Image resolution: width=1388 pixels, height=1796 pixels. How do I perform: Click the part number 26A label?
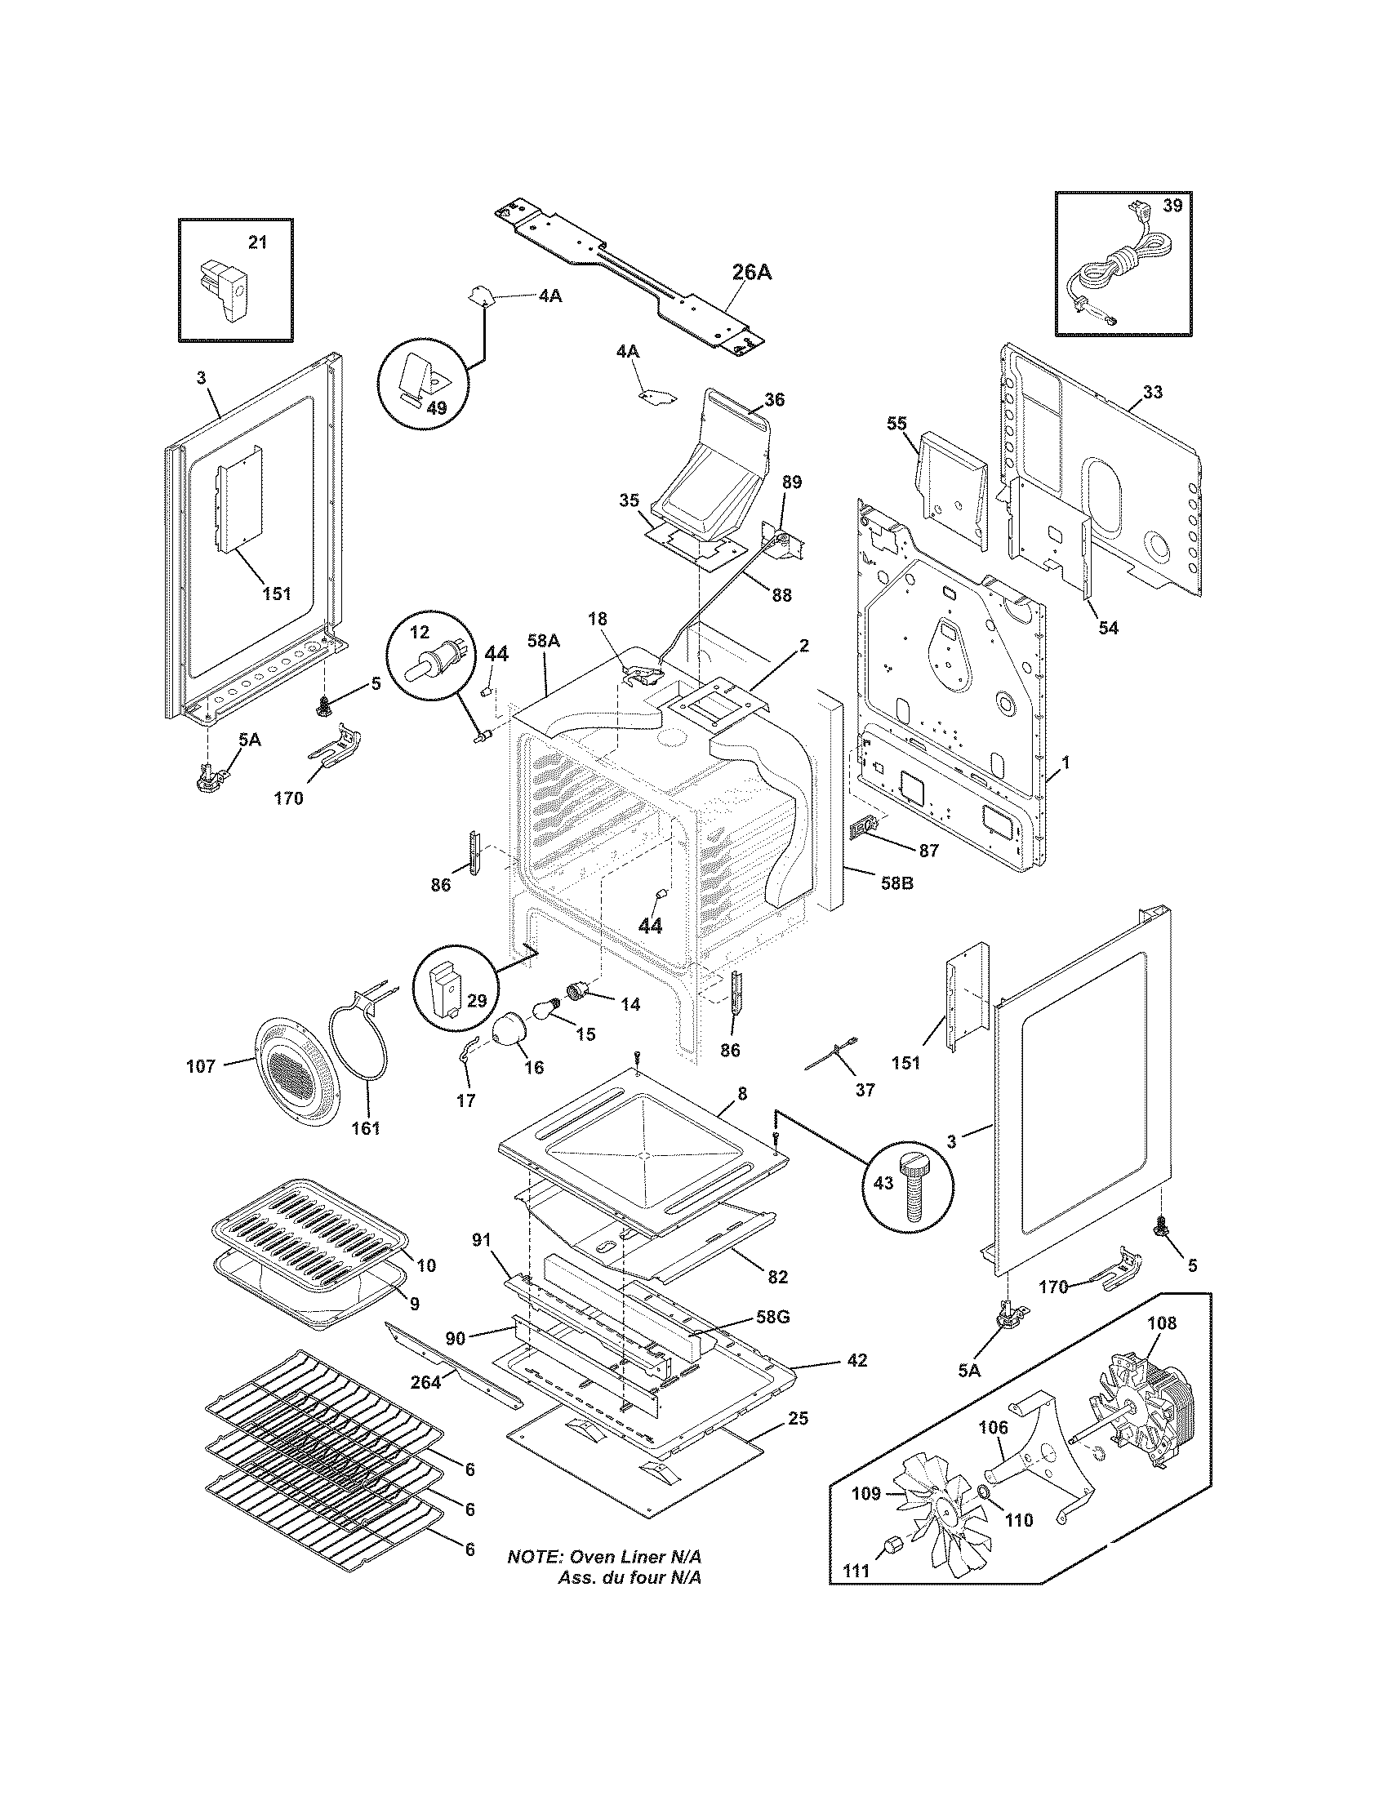(x=751, y=272)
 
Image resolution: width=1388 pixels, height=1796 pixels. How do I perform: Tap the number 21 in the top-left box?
(x=257, y=242)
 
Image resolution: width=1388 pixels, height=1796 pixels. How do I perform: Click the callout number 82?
(x=776, y=1276)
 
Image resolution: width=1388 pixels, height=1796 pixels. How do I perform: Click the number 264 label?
(x=425, y=1381)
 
